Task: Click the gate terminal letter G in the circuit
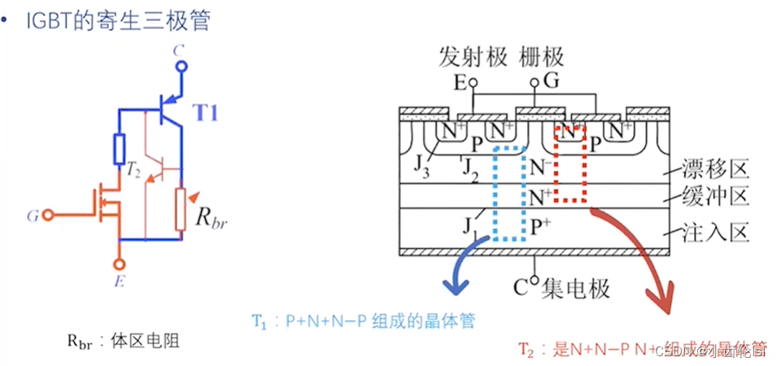pyautogui.click(x=32, y=216)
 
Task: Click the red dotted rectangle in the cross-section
pyautogui.click(x=570, y=163)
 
